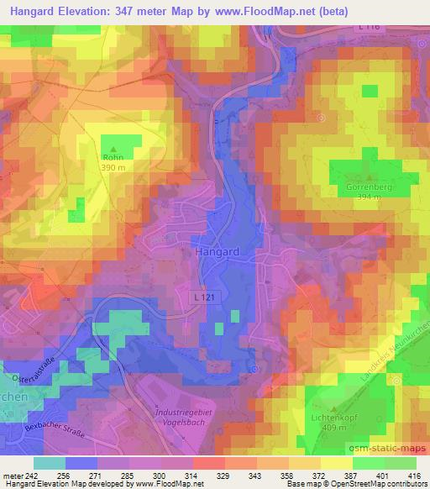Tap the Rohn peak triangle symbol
point(113,148)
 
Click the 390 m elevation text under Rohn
point(113,168)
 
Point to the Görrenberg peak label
point(370,187)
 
